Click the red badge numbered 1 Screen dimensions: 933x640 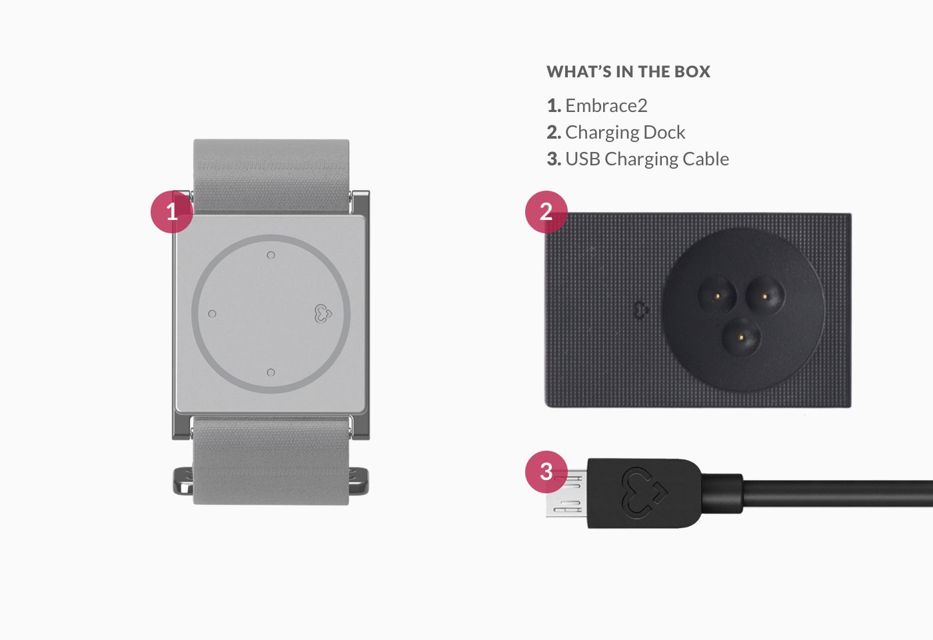pos(172,212)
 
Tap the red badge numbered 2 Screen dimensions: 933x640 pos(546,212)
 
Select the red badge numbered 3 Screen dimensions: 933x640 pos(546,472)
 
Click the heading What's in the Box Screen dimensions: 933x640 pos(628,72)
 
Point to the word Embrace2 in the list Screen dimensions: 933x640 pos(606,105)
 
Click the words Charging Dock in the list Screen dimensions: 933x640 pos(625,133)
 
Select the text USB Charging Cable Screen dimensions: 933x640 pos(647,159)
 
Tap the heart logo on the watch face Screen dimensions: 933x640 pos(323,313)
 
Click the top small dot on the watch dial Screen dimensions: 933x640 pos(271,255)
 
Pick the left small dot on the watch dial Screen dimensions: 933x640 pos(212,313)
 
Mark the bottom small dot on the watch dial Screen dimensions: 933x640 pos(271,372)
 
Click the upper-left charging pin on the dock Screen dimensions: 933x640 pos(717,296)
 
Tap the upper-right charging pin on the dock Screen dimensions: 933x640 pos(765,296)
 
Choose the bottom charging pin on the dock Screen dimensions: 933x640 pos(741,336)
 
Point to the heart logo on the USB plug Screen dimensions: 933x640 pos(644,490)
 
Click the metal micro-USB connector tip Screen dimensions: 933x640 pos(567,494)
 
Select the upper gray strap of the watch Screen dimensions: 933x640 pos(271,177)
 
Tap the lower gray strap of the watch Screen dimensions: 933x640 pos(271,461)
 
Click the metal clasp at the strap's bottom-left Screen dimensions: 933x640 pos(183,481)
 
